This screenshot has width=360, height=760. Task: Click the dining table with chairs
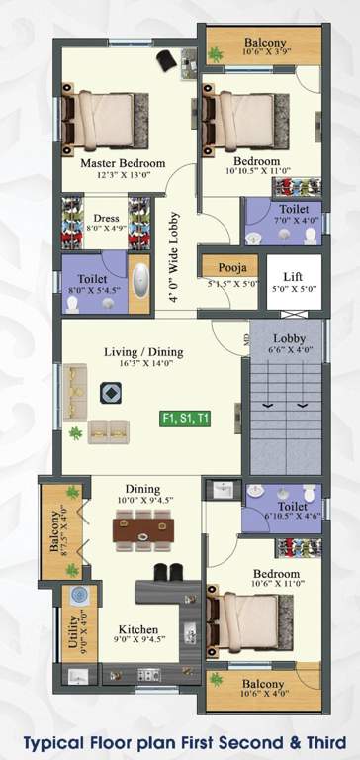[x=142, y=531]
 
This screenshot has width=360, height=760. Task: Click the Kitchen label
[x=138, y=629]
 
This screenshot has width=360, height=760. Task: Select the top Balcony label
[x=265, y=43]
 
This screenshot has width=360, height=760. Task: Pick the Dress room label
[x=106, y=220]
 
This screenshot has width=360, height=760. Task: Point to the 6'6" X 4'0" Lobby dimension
[x=290, y=350]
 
